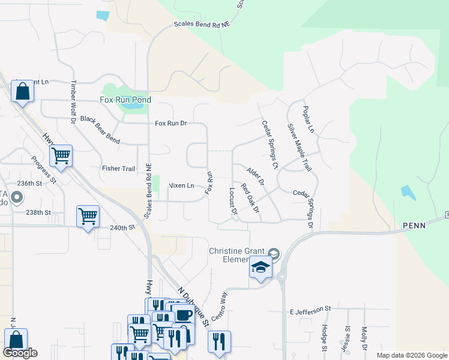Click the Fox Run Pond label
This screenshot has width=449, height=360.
pos(125,100)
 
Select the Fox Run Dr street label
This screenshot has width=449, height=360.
pos(171,123)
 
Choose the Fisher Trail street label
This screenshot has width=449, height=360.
pos(118,169)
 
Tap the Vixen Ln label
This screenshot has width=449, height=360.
pos(181,185)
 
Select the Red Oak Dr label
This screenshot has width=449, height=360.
pos(250,198)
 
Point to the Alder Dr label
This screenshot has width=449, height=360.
pos(256,176)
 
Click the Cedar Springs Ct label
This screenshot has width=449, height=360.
pos(270,145)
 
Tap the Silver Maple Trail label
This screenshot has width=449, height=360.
pos(299,147)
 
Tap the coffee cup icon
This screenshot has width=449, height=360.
pos(184,316)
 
